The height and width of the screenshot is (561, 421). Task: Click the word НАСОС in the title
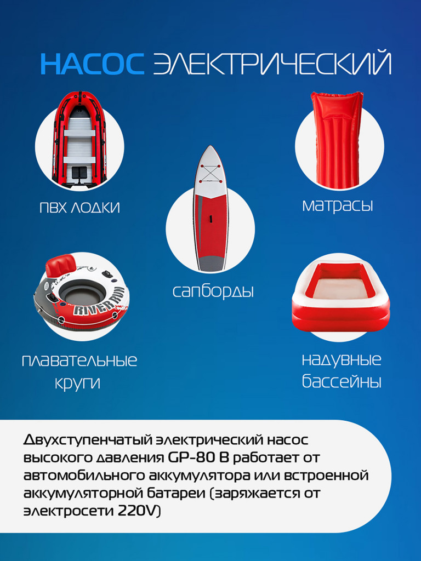pyautogui.click(x=92, y=64)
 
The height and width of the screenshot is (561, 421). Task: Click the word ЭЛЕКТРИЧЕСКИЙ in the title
pyautogui.click(x=272, y=64)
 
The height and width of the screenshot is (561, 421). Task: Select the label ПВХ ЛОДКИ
pyautogui.click(x=79, y=208)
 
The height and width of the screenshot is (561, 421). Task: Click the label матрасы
pyautogui.click(x=338, y=206)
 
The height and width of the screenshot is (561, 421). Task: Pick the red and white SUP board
pyautogui.click(x=210, y=214)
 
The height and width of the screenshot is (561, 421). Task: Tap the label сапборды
pyautogui.click(x=213, y=291)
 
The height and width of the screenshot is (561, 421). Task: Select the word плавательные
pyautogui.click(x=79, y=360)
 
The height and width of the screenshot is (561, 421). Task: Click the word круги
pyautogui.click(x=77, y=382)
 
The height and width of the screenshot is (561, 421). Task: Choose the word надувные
pyautogui.click(x=341, y=360)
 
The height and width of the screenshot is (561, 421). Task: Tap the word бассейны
pyautogui.click(x=341, y=381)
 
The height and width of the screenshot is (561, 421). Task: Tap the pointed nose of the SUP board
pyautogui.click(x=210, y=149)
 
